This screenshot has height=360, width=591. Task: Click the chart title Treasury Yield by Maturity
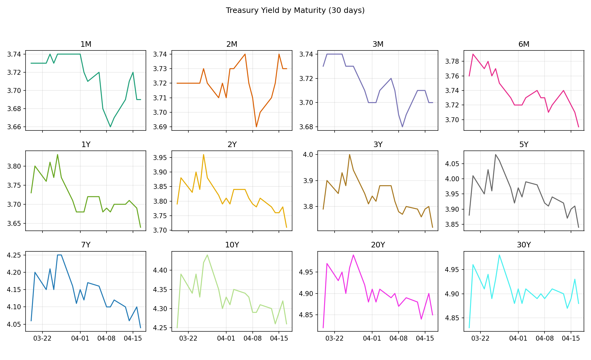click(x=295, y=10)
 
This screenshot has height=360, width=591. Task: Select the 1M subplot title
click(x=86, y=44)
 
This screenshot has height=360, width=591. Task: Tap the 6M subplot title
click(x=524, y=44)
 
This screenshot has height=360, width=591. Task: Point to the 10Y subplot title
click(x=232, y=245)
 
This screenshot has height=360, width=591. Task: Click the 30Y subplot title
click(x=524, y=245)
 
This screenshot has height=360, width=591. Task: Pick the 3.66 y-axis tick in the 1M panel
click(x=14, y=127)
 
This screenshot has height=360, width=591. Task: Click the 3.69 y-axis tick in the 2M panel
click(x=160, y=127)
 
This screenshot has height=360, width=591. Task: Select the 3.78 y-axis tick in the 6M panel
click(x=452, y=62)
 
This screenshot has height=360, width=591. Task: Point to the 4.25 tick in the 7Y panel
click(x=14, y=255)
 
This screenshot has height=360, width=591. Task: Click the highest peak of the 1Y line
click(x=58, y=155)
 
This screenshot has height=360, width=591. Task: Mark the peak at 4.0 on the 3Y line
click(x=349, y=154)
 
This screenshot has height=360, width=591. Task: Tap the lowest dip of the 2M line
click(x=256, y=127)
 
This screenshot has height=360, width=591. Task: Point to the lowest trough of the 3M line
click(x=402, y=126)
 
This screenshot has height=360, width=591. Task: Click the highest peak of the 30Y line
click(x=499, y=255)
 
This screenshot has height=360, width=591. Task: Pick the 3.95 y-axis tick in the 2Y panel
click(x=160, y=158)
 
